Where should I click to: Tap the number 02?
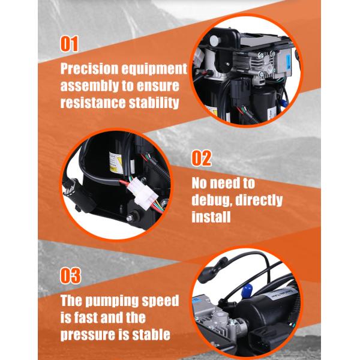click(202, 158)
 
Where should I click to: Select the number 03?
click(70, 276)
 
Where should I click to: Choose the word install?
click(211, 217)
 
